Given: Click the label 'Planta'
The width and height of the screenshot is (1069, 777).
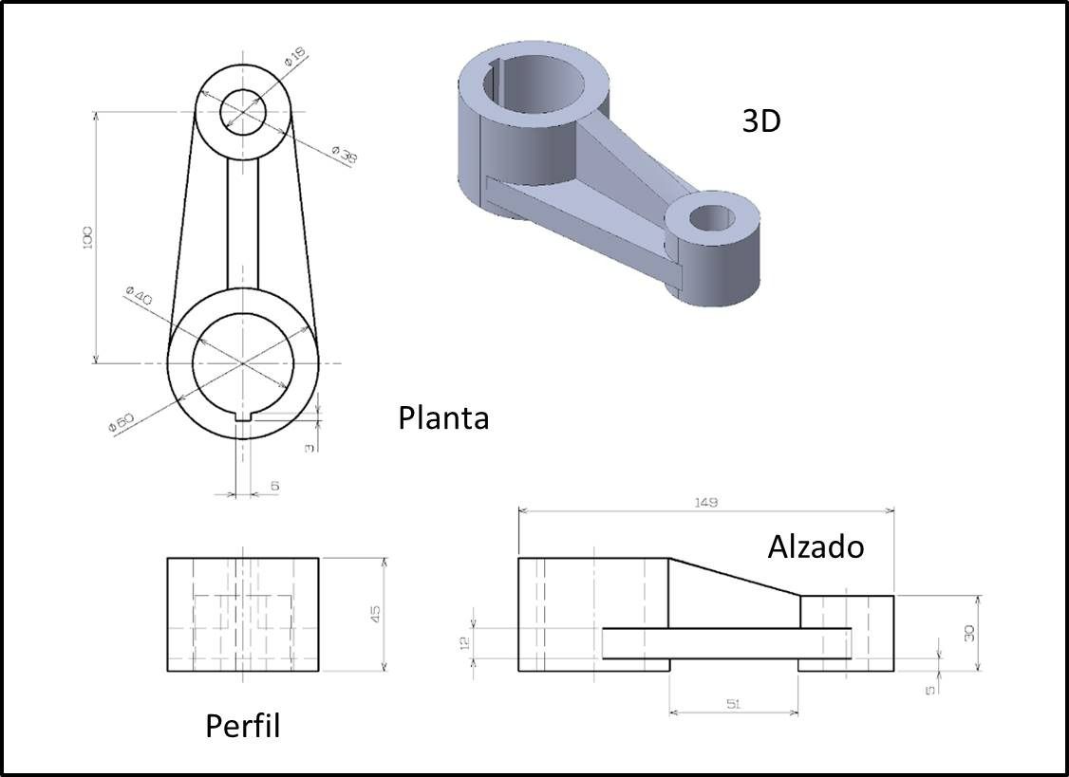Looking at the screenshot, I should pyautogui.click(x=443, y=417).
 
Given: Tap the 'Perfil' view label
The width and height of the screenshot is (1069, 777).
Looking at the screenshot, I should pyautogui.click(x=243, y=727).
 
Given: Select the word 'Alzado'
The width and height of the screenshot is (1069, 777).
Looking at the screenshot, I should pyautogui.click(x=816, y=547).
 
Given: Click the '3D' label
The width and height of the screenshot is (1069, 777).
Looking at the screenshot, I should pyautogui.click(x=760, y=120).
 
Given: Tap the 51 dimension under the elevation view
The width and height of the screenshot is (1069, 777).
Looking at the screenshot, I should pyautogui.click(x=733, y=703).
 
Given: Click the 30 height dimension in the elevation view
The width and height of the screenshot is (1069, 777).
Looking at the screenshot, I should pyautogui.click(x=969, y=632).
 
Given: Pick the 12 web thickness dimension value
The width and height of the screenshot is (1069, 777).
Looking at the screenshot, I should pyautogui.click(x=464, y=642).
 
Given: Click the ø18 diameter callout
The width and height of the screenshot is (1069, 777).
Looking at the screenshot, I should pyautogui.click(x=295, y=59).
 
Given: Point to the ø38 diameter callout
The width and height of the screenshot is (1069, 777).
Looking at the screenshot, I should pyautogui.click(x=345, y=154).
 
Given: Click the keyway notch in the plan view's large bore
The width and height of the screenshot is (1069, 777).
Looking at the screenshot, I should pyautogui.click(x=242, y=415).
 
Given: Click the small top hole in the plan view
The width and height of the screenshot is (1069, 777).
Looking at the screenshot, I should pyautogui.click(x=243, y=112).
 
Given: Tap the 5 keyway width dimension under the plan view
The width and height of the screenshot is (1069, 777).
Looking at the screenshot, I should pyautogui.click(x=275, y=486).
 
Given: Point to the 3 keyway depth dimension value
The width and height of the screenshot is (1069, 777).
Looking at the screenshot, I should pyautogui.click(x=309, y=447).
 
